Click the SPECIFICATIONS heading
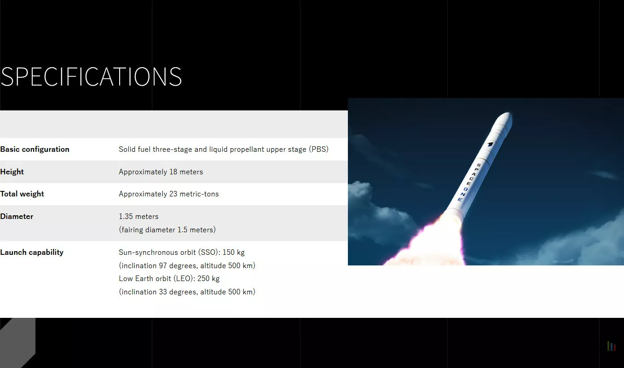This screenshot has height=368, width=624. click(x=91, y=76)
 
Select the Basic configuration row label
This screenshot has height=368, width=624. click(x=35, y=149)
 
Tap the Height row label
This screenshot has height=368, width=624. click(x=12, y=172)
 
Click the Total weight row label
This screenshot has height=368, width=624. click(x=22, y=194)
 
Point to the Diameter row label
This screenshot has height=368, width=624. click(x=17, y=216)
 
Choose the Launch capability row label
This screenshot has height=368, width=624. click(x=31, y=253)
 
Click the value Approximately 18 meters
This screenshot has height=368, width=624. click(x=161, y=172)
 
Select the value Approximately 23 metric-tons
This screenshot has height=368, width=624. click(x=168, y=194)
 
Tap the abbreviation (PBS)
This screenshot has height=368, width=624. click(x=319, y=149)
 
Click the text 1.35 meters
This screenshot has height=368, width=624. click(x=139, y=217)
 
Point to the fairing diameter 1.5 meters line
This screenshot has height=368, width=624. click(x=167, y=230)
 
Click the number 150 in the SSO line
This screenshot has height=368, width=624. click(x=228, y=253)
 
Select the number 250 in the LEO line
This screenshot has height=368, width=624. click(x=203, y=279)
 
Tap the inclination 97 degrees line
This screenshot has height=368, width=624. click(x=187, y=266)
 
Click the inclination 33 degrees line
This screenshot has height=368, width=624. click(x=187, y=292)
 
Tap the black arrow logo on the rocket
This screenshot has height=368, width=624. click(x=490, y=144)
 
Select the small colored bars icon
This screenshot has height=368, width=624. click(x=611, y=346)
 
